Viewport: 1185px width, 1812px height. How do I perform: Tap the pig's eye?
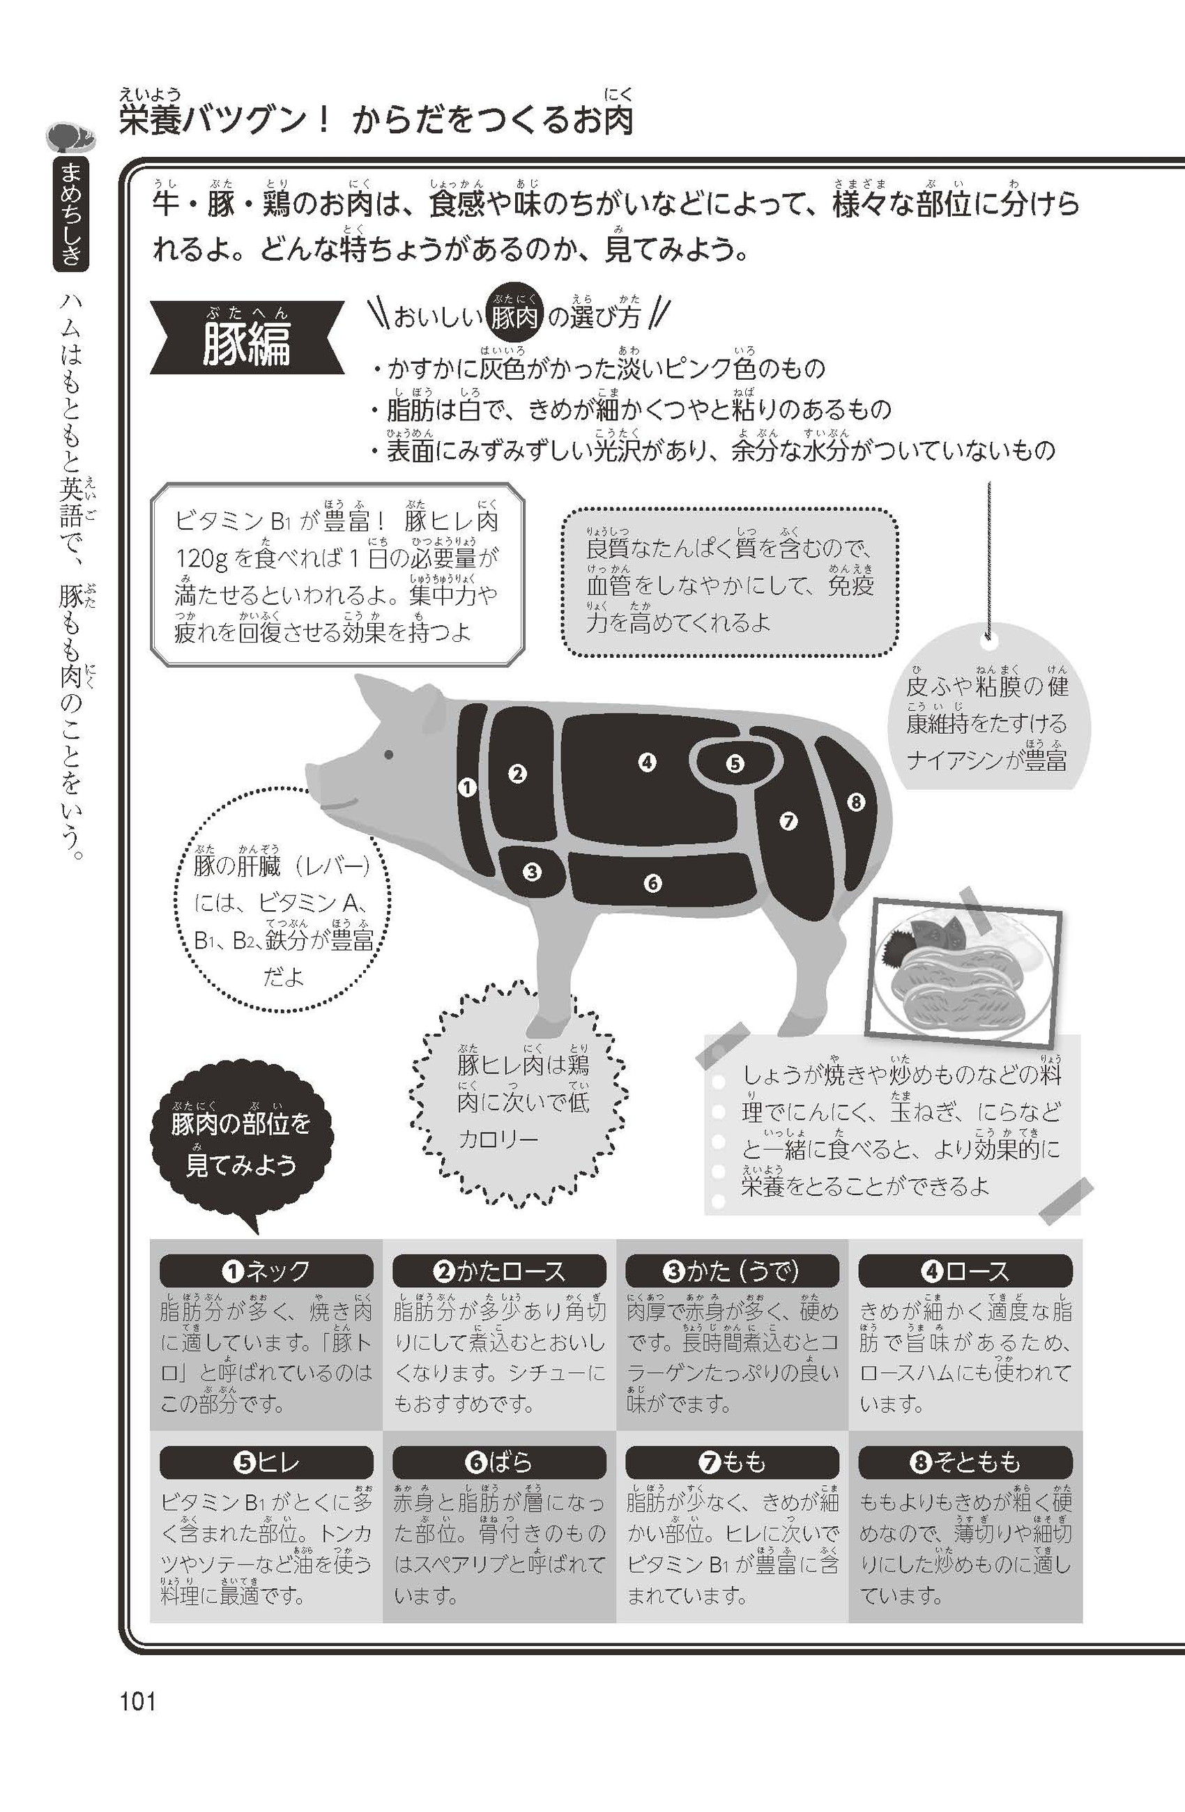(x=389, y=755)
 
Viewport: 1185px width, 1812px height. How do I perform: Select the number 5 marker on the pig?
(x=734, y=763)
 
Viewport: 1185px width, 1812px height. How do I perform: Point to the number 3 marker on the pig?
(x=532, y=871)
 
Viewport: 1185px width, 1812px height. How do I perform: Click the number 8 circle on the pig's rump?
(x=855, y=801)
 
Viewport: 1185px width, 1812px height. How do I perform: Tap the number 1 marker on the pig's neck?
(x=467, y=788)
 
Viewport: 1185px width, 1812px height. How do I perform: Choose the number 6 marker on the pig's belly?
(x=652, y=883)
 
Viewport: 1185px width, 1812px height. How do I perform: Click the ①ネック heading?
(x=266, y=1271)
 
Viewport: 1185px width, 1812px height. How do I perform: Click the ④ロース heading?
(x=965, y=1271)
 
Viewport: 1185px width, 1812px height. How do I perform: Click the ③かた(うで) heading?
(x=733, y=1271)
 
